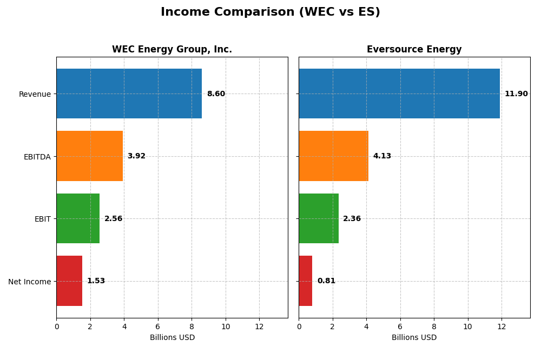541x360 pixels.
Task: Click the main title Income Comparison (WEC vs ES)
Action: coord(270,12)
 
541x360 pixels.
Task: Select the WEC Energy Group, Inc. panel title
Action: coord(172,49)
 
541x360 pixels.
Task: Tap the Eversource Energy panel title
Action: coord(414,49)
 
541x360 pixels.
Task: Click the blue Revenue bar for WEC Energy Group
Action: coord(129,94)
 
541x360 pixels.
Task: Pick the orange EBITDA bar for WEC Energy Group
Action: coord(89,156)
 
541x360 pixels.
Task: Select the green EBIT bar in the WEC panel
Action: coord(78,218)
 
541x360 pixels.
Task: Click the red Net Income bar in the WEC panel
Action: coord(69,281)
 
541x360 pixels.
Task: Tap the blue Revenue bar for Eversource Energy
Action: coord(399,94)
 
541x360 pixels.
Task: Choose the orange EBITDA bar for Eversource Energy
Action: coord(333,156)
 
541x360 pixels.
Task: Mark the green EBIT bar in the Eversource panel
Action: coord(319,218)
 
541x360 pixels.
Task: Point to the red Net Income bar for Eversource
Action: coord(306,281)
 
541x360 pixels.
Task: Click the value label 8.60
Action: coord(216,94)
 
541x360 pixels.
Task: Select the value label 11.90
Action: coord(516,94)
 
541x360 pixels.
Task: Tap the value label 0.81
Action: coord(326,281)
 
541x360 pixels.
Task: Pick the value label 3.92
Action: coord(136,156)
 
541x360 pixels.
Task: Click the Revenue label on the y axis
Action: coord(35,94)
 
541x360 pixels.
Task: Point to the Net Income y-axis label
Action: coord(29,282)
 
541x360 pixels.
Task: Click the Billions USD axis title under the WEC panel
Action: coord(172,338)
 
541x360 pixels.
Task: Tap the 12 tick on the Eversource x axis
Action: coord(502,326)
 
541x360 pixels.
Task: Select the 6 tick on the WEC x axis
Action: coord(158,326)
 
